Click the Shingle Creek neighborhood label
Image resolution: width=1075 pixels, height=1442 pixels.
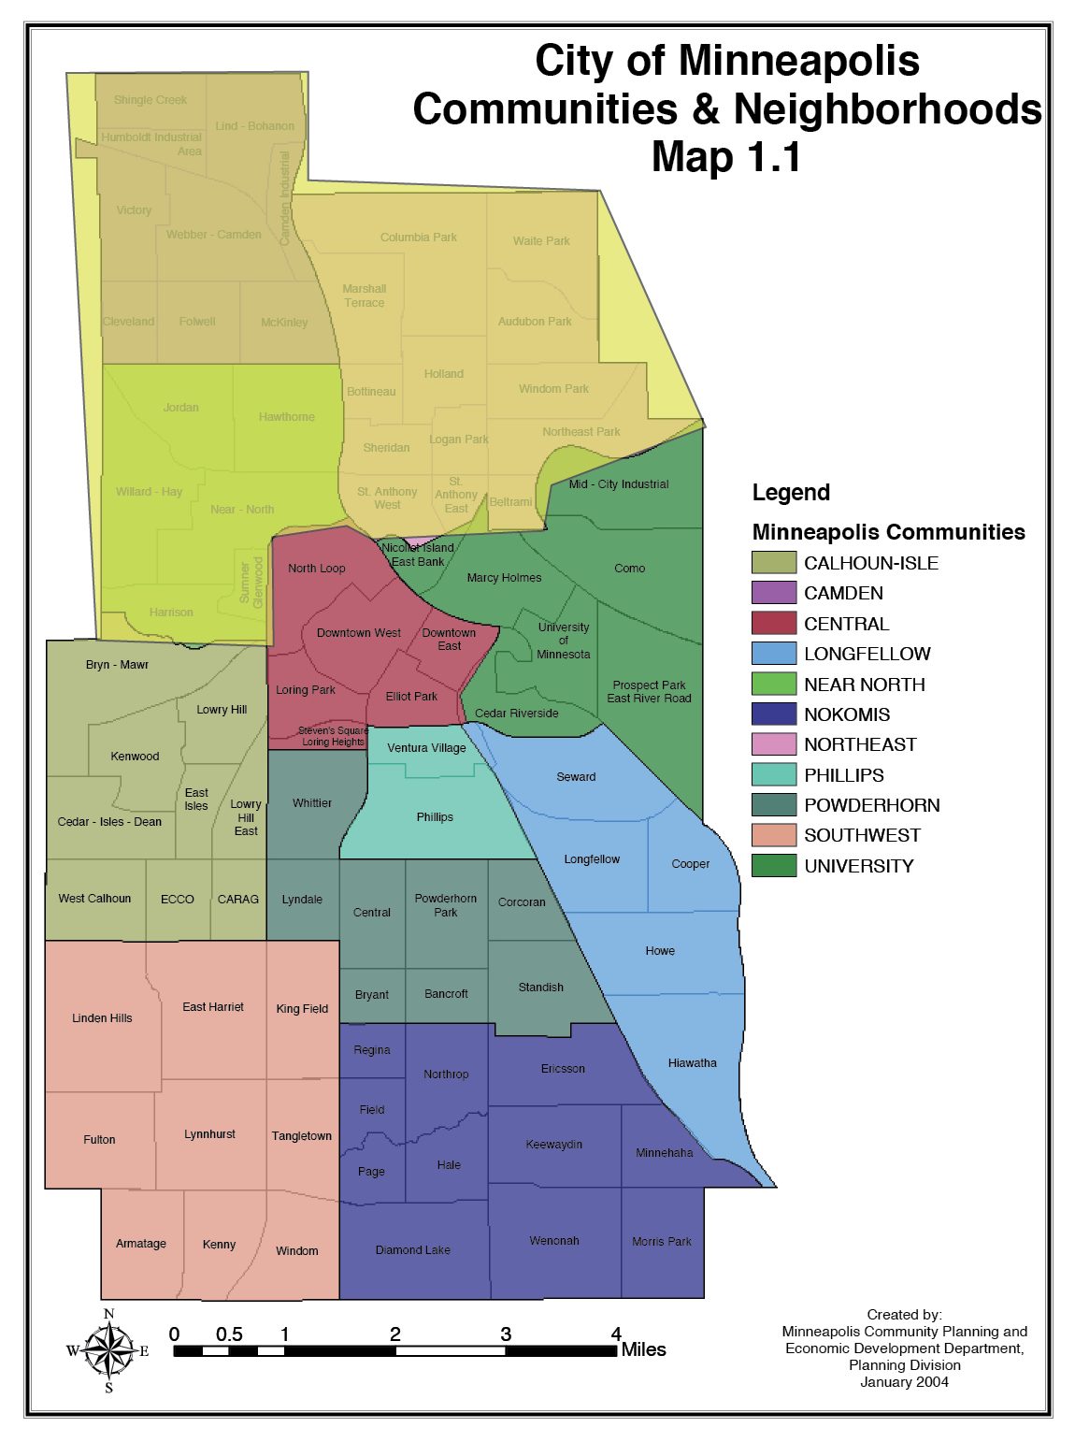click(150, 100)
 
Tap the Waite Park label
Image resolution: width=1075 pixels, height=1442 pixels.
click(541, 240)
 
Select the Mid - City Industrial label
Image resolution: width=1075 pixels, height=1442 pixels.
click(619, 484)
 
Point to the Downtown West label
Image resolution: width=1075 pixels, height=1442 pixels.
click(358, 633)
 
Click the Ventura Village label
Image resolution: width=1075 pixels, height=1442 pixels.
click(426, 748)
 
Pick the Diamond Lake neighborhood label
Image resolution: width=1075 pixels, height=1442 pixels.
click(412, 1250)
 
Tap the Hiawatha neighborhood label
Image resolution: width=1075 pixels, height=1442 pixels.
click(692, 1063)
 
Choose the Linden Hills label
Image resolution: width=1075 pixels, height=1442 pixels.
click(102, 1018)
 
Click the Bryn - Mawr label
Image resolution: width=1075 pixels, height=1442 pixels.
click(117, 665)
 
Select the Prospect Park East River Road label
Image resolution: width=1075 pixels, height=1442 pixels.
click(649, 692)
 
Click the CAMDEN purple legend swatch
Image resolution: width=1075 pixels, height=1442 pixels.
click(773, 593)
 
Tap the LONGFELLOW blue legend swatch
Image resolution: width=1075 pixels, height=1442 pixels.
click(773, 654)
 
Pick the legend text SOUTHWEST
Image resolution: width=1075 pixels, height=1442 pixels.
click(862, 835)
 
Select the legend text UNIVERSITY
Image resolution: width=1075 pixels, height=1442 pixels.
click(858, 866)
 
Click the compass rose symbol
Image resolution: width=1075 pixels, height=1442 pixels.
click(108, 1350)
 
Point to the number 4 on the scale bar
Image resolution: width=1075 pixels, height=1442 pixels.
click(616, 1334)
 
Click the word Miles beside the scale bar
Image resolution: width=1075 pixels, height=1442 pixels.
click(643, 1350)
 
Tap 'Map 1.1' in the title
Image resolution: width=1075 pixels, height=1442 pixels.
click(726, 156)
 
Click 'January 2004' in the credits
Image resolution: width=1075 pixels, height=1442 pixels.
click(904, 1382)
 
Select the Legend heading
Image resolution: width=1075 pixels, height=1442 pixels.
click(791, 493)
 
